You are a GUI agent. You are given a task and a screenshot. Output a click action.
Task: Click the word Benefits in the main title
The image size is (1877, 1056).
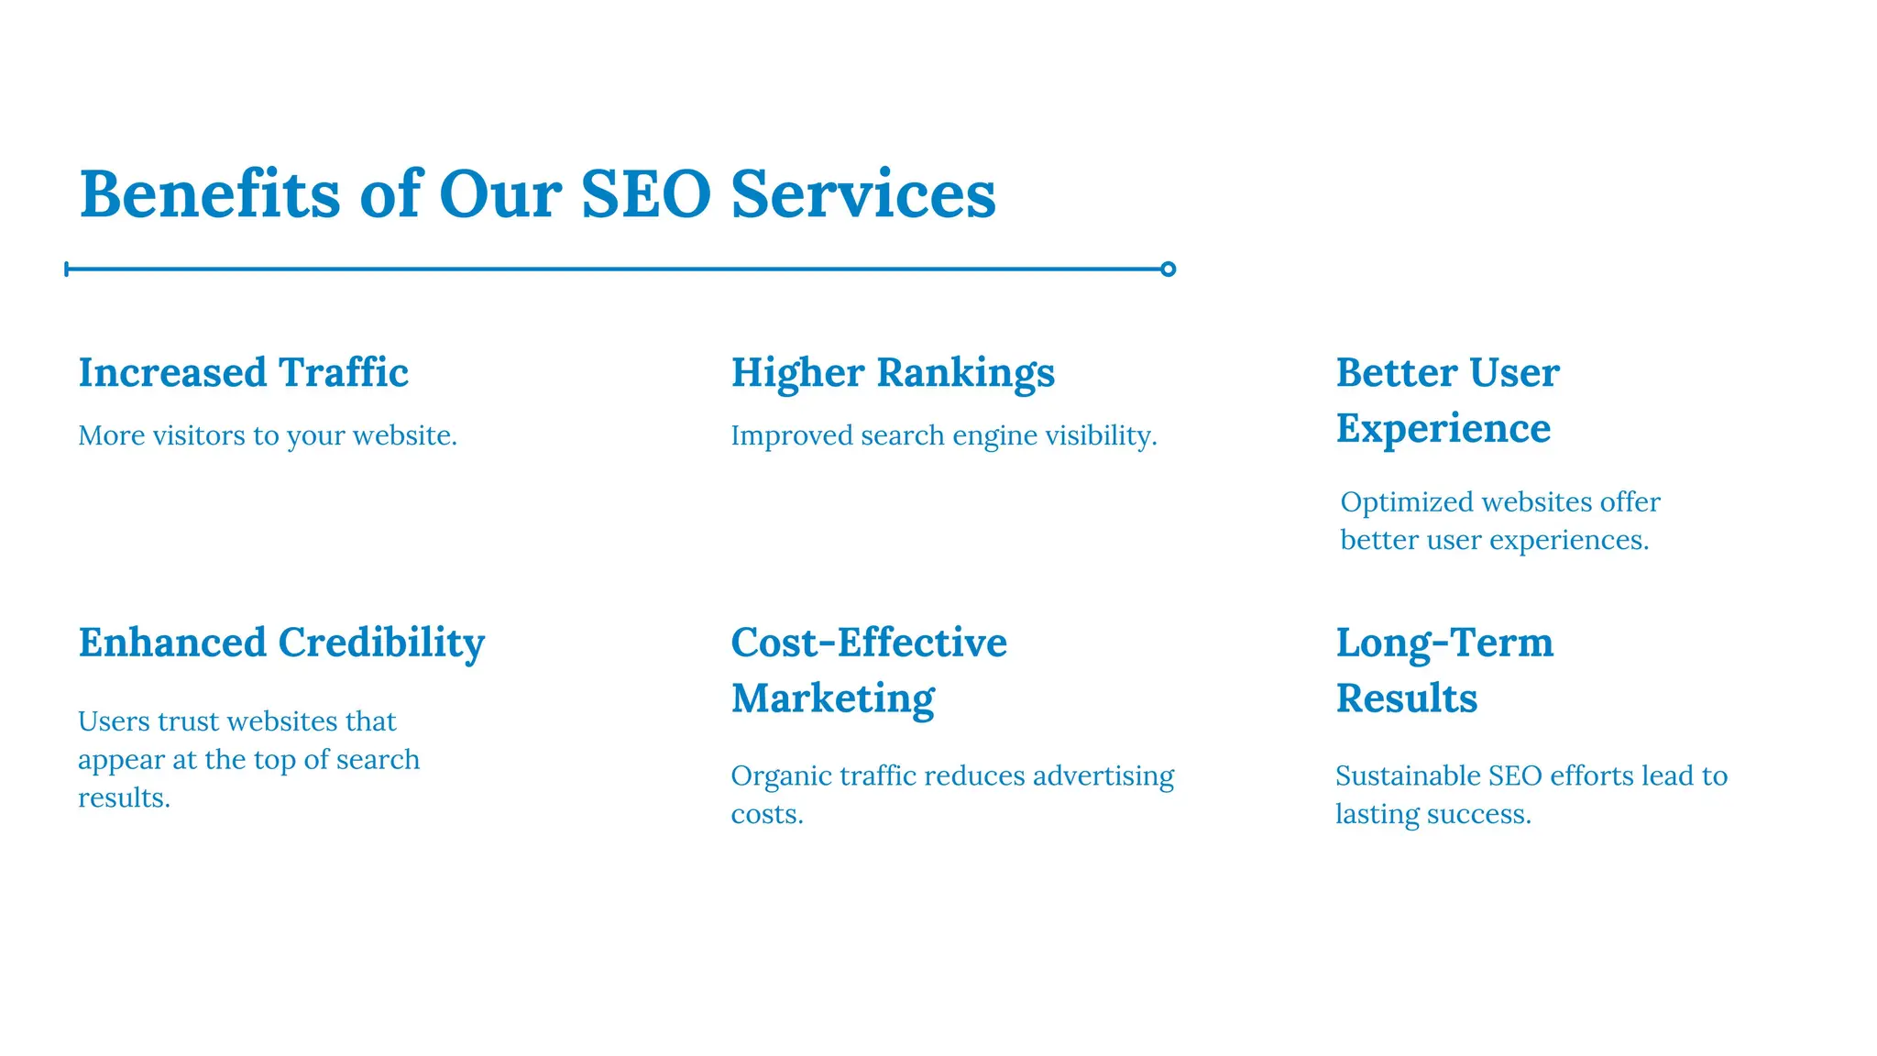(x=210, y=194)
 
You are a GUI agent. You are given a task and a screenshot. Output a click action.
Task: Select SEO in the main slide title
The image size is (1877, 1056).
(x=645, y=194)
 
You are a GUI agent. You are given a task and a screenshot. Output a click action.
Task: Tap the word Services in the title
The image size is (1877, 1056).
(x=862, y=194)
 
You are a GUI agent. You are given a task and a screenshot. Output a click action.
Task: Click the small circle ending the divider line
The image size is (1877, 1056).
(x=1168, y=269)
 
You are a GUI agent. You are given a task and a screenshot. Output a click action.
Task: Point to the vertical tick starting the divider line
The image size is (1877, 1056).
(x=67, y=269)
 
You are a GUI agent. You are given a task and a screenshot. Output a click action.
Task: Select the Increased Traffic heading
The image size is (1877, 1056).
(x=243, y=372)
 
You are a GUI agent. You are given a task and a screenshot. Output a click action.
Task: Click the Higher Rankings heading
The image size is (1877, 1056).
(x=893, y=372)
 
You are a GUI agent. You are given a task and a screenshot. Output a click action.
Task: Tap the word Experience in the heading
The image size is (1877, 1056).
(x=1443, y=428)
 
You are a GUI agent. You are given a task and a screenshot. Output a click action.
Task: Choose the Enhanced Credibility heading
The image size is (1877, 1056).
(x=281, y=643)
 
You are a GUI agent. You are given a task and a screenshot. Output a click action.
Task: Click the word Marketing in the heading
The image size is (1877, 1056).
(x=832, y=698)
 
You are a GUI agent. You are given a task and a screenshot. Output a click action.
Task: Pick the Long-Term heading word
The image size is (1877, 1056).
(x=1444, y=643)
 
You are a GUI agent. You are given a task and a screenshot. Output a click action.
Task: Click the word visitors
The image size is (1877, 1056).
(x=199, y=435)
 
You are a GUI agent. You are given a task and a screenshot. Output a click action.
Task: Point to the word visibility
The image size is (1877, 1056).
(x=1101, y=435)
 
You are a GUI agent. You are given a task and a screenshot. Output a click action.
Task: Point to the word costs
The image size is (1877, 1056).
(x=766, y=814)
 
